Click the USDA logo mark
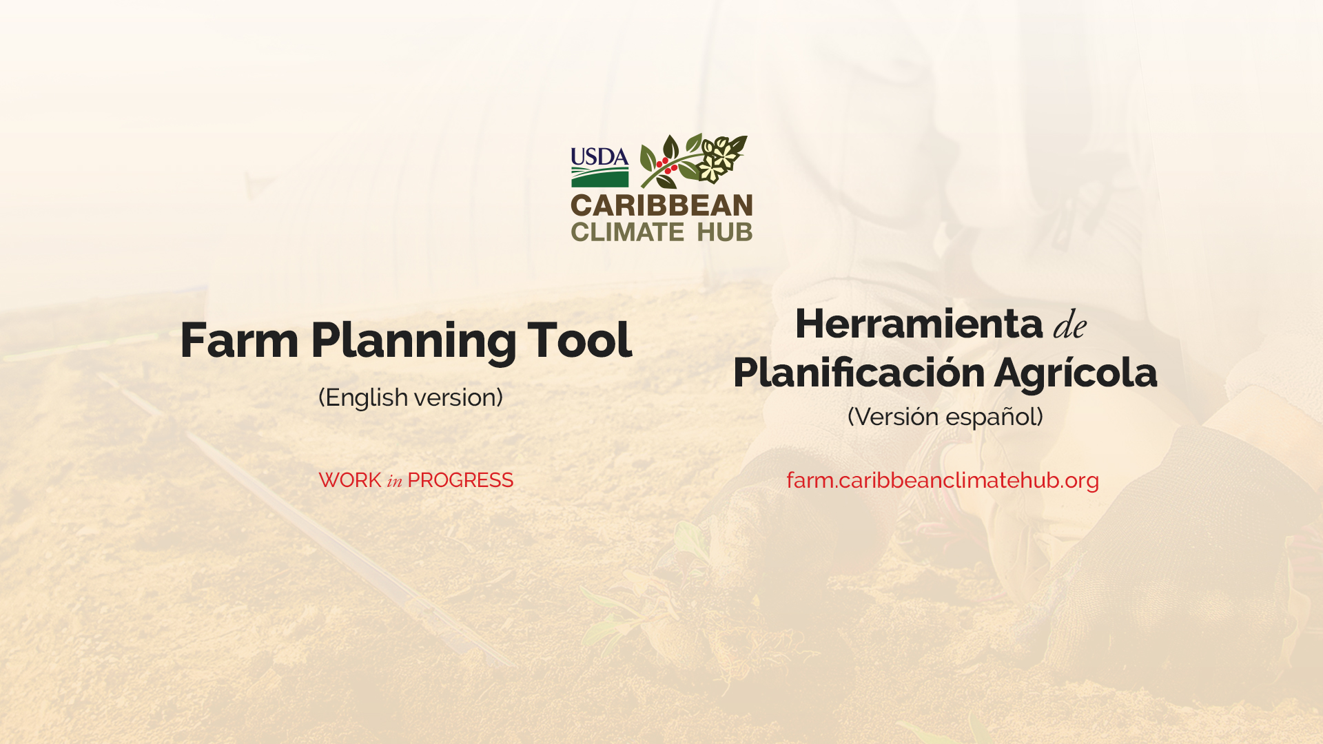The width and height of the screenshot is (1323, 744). tap(599, 167)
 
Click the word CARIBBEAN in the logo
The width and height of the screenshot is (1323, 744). tap(661, 205)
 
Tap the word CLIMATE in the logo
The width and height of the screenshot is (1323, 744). tap(627, 231)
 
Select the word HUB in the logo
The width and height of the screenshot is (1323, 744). tap(725, 231)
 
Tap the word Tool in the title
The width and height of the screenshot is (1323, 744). tap(580, 340)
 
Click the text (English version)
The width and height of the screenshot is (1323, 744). tap(411, 397)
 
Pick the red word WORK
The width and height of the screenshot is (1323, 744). tap(350, 480)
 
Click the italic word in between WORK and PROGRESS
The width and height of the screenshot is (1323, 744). tap(394, 481)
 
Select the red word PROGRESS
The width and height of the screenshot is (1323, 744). tap(460, 480)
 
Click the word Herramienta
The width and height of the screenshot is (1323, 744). tap(919, 323)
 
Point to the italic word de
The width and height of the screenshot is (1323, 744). tap(1070, 324)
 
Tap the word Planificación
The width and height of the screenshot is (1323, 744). tap(859, 373)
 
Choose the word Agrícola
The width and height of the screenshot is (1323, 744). tap(1076, 374)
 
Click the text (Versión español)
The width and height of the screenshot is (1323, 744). tap(945, 417)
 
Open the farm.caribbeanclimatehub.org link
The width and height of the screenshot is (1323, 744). tap(943, 480)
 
